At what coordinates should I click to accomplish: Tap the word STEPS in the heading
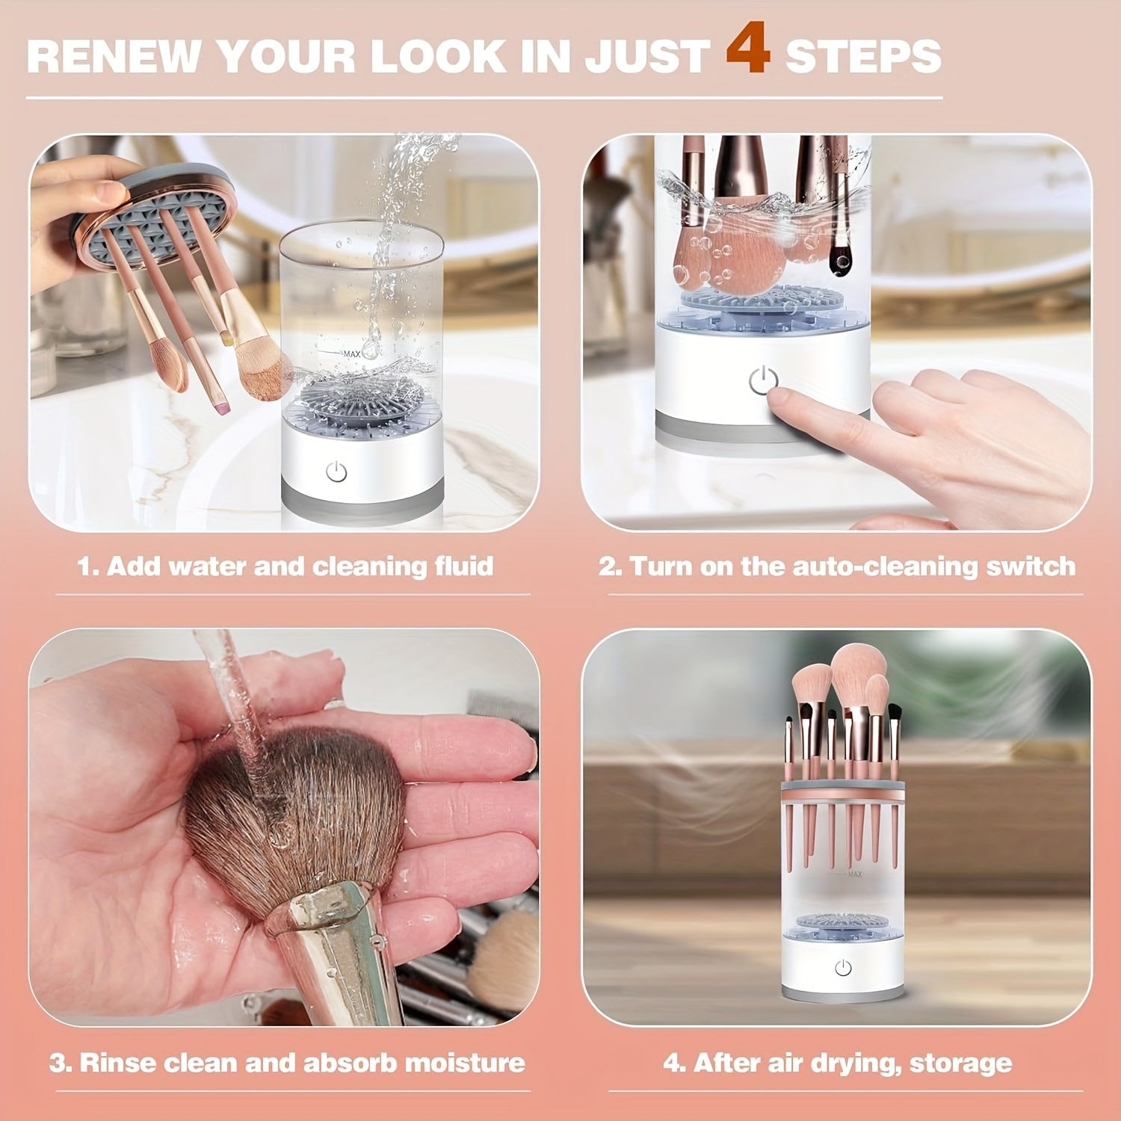[x=862, y=57]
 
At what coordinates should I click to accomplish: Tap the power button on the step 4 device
[x=843, y=968]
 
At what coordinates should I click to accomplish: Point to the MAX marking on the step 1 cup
[x=351, y=353]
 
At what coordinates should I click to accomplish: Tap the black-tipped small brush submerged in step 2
[x=841, y=258]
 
